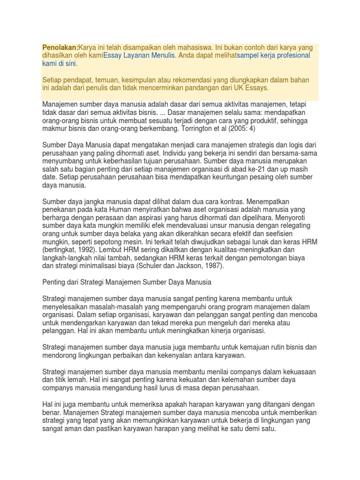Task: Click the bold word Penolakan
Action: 60,47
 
